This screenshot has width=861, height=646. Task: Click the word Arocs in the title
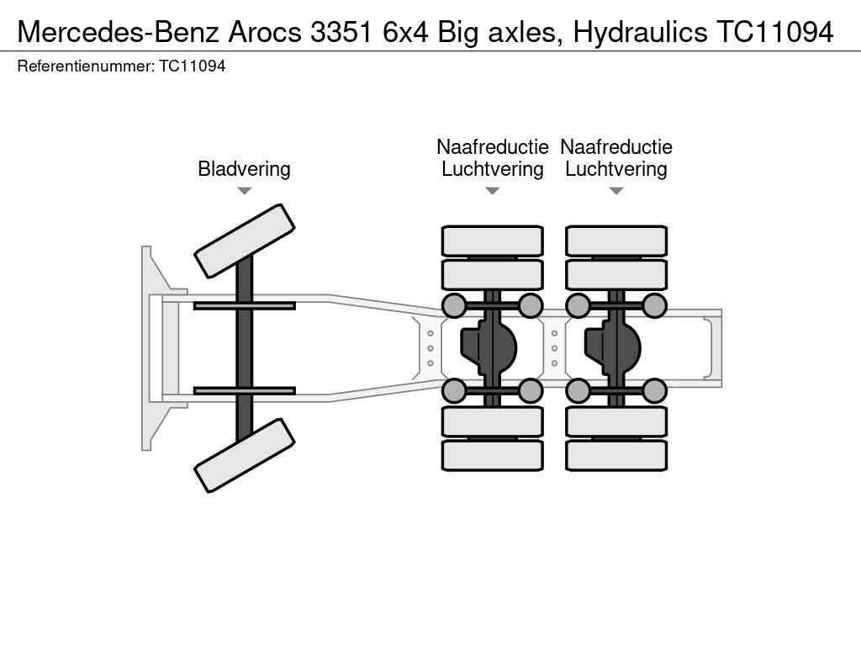pyautogui.click(x=265, y=33)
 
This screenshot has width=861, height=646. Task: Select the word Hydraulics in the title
pyautogui.click(x=640, y=33)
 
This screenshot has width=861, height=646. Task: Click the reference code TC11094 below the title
pyautogui.click(x=193, y=66)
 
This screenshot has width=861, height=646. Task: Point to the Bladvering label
pyautogui.click(x=244, y=168)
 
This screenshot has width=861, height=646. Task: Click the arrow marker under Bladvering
pyautogui.click(x=245, y=191)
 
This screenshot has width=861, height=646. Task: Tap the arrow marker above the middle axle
pyautogui.click(x=493, y=191)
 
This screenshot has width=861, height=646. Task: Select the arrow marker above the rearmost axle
pyautogui.click(x=616, y=191)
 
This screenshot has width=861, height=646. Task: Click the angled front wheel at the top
pyautogui.click(x=245, y=241)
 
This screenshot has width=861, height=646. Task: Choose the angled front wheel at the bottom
pyautogui.click(x=245, y=455)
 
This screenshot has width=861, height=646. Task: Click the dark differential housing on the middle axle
pyautogui.click(x=489, y=347)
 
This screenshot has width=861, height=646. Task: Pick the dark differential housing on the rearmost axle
pyautogui.click(x=612, y=347)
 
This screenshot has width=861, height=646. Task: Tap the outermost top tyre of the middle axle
pyautogui.click(x=493, y=241)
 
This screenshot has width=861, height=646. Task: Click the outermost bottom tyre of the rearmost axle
pyautogui.click(x=616, y=455)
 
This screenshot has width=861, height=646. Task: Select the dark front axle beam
pyautogui.click(x=245, y=348)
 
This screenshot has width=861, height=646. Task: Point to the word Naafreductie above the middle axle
pyautogui.click(x=493, y=146)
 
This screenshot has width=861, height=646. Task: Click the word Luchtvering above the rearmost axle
pyautogui.click(x=616, y=168)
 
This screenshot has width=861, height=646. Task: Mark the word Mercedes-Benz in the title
pyautogui.click(x=118, y=33)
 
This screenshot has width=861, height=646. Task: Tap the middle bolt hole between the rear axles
pyautogui.click(x=555, y=348)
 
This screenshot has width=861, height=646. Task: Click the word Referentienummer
pyautogui.click(x=86, y=66)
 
